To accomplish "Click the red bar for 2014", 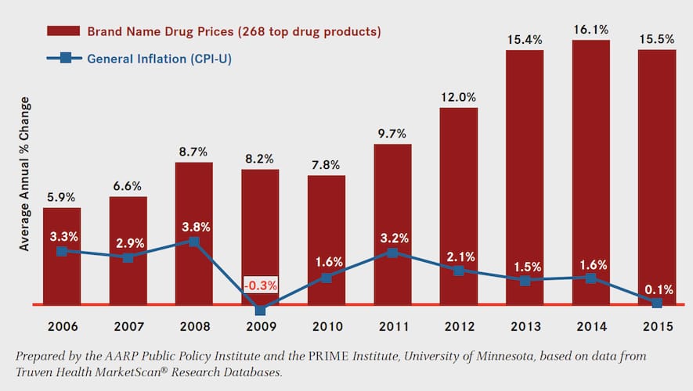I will click(590, 172).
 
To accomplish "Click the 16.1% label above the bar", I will click(590, 28).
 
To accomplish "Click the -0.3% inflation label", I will click(260, 285).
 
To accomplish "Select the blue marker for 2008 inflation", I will click(194, 242).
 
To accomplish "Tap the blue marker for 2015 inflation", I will click(656, 303).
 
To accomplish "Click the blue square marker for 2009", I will click(260, 310).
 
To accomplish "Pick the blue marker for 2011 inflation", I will click(392, 253).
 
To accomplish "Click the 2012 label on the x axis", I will click(458, 325).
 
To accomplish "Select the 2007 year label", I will click(128, 325).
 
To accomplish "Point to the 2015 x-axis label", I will click(656, 325).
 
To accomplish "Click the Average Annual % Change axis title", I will click(24, 174).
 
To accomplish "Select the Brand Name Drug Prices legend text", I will click(233, 32).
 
